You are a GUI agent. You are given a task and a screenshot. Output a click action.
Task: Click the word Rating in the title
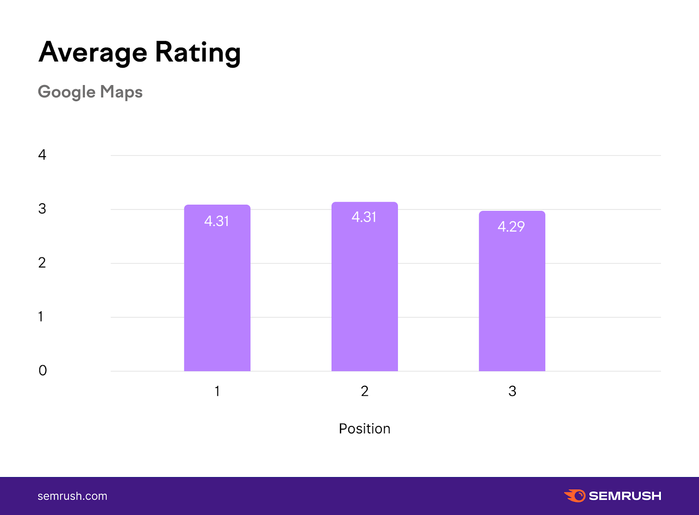tap(197, 52)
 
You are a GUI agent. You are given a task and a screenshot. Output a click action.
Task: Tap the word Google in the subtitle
tap(66, 92)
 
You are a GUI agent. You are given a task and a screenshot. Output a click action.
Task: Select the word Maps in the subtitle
tap(121, 92)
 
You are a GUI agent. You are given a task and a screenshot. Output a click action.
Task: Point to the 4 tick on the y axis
tap(42, 154)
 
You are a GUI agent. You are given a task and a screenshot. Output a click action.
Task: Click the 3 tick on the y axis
tap(42, 209)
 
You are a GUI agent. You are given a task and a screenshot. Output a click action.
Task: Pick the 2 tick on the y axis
tap(42, 263)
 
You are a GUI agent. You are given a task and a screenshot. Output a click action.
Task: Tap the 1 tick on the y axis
tap(41, 316)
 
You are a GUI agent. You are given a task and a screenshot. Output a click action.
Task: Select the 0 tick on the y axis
tap(42, 371)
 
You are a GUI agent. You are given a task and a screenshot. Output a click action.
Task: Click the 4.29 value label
tap(511, 227)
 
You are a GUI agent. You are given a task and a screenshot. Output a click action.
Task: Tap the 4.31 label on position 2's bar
tap(364, 217)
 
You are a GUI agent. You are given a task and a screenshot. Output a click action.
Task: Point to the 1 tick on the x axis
tap(217, 391)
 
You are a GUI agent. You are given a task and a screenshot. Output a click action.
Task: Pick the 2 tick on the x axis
tap(364, 391)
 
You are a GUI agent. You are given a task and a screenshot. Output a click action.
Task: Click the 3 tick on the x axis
tap(512, 391)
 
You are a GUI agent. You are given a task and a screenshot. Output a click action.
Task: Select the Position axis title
tap(364, 429)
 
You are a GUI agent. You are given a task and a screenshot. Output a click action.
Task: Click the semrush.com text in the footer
tap(73, 496)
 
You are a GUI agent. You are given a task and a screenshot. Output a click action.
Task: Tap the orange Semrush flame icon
tap(575, 496)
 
